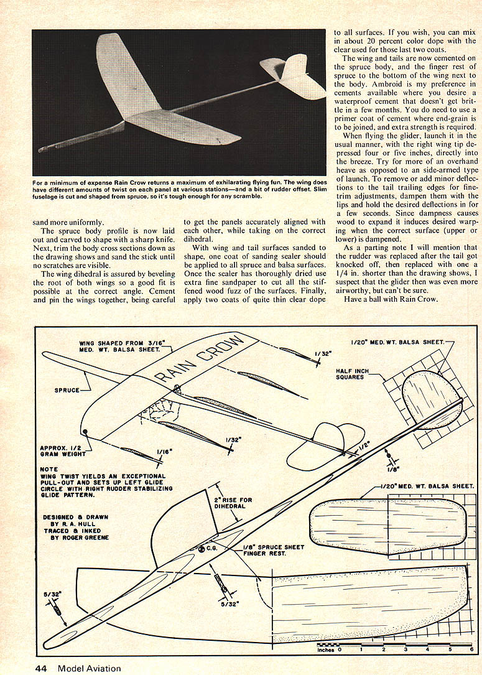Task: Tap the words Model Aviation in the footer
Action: pyautogui.click(x=90, y=669)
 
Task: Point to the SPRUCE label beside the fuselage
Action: pyautogui.click(x=67, y=390)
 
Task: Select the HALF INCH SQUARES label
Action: pyautogui.click(x=353, y=374)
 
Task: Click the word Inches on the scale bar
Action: pyautogui.click(x=326, y=650)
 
